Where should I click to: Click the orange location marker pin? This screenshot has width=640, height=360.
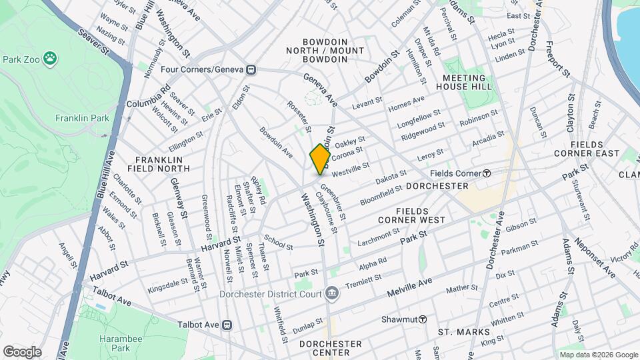320,159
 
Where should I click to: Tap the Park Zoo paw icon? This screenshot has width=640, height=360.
51,59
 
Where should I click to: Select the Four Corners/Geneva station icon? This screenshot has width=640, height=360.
251,69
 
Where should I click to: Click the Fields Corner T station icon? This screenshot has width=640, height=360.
487,173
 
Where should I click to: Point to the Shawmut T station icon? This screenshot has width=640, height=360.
423,319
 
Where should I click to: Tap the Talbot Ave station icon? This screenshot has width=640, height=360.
227,325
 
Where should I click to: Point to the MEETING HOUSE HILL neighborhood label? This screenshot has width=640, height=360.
467,82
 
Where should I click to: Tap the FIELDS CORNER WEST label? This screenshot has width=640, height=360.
411,215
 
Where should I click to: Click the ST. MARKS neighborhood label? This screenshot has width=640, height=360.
463,332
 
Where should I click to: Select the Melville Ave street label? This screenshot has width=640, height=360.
410,288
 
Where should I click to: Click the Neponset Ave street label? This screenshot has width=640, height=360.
596,258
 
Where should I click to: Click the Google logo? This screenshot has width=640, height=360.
23,351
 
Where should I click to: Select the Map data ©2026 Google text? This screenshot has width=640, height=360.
597,355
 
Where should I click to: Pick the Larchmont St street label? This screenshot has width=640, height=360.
377,236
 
